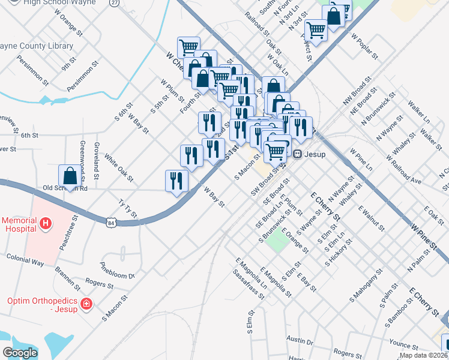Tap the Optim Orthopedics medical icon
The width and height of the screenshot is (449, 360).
86,304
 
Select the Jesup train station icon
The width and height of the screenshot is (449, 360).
297,154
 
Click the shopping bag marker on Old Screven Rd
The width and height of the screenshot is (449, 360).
70,176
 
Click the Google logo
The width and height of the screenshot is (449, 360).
20,353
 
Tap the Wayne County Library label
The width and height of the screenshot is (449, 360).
36,46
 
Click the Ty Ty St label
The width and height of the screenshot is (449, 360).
128,207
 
